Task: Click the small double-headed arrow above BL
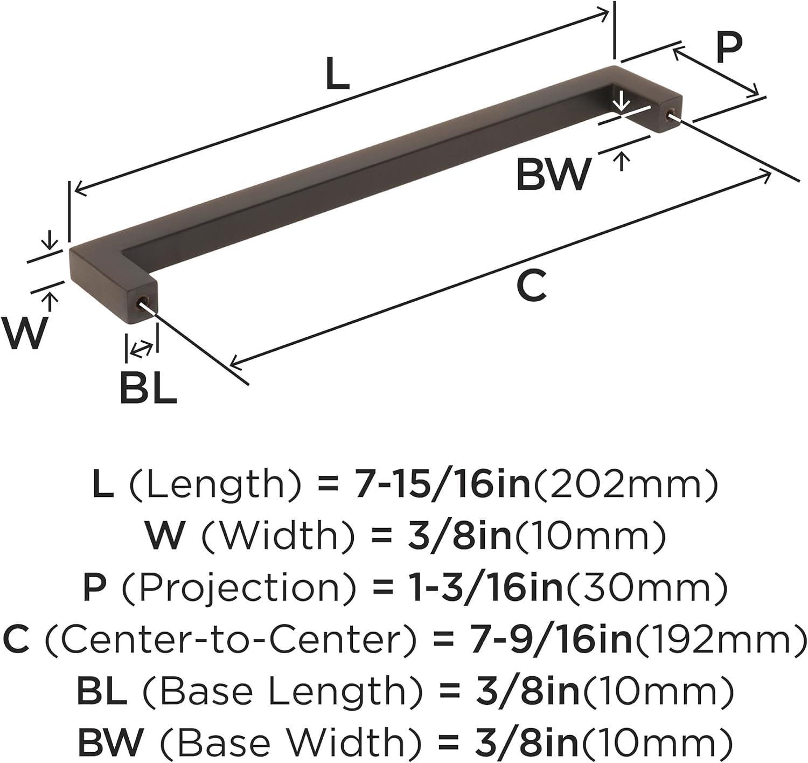[142, 349]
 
